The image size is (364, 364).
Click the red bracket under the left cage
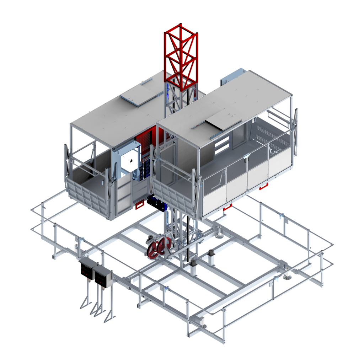coord(139,205)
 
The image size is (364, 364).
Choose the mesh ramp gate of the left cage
coord(87,197)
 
